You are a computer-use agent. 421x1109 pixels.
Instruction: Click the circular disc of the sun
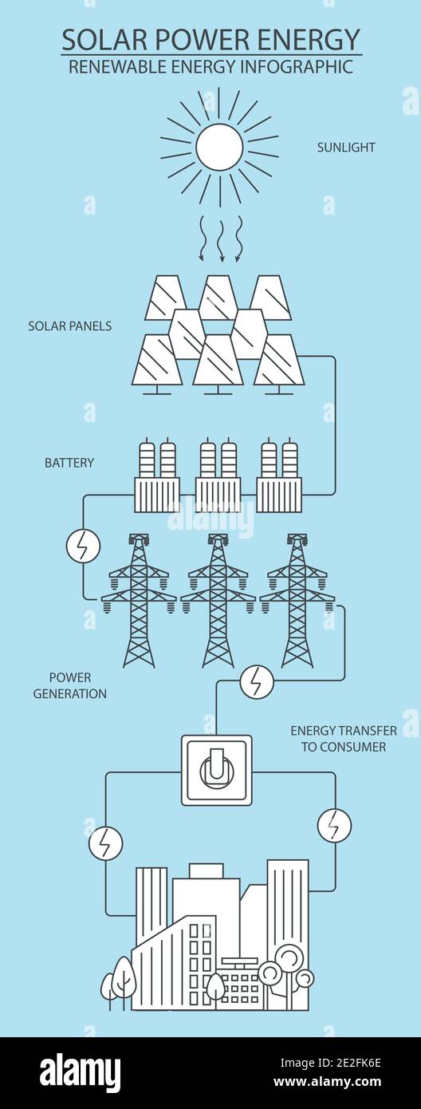tap(219, 147)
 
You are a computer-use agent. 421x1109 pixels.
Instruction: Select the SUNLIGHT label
tap(346, 148)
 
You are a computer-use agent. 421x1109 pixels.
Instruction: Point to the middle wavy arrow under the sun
tap(219, 237)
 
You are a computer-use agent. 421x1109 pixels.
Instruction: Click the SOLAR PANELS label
tap(70, 326)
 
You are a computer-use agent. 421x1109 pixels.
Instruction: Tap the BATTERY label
tap(69, 463)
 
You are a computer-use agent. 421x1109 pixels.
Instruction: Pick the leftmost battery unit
tap(157, 477)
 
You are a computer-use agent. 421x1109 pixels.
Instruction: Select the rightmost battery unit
tap(279, 477)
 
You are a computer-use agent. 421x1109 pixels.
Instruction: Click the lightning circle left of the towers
tap(83, 546)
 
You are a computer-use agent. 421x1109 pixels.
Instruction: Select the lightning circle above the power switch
tap(257, 682)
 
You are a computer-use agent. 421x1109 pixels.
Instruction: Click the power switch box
tap(217, 770)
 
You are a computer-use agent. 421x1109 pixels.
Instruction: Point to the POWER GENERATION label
tap(70, 685)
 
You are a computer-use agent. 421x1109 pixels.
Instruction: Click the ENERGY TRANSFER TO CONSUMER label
tap(338, 739)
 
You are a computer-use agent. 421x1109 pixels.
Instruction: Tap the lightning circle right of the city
tap(334, 825)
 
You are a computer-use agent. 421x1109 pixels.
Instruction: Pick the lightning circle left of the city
tap(105, 843)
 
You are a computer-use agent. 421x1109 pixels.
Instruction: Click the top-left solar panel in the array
tap(165, 297)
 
